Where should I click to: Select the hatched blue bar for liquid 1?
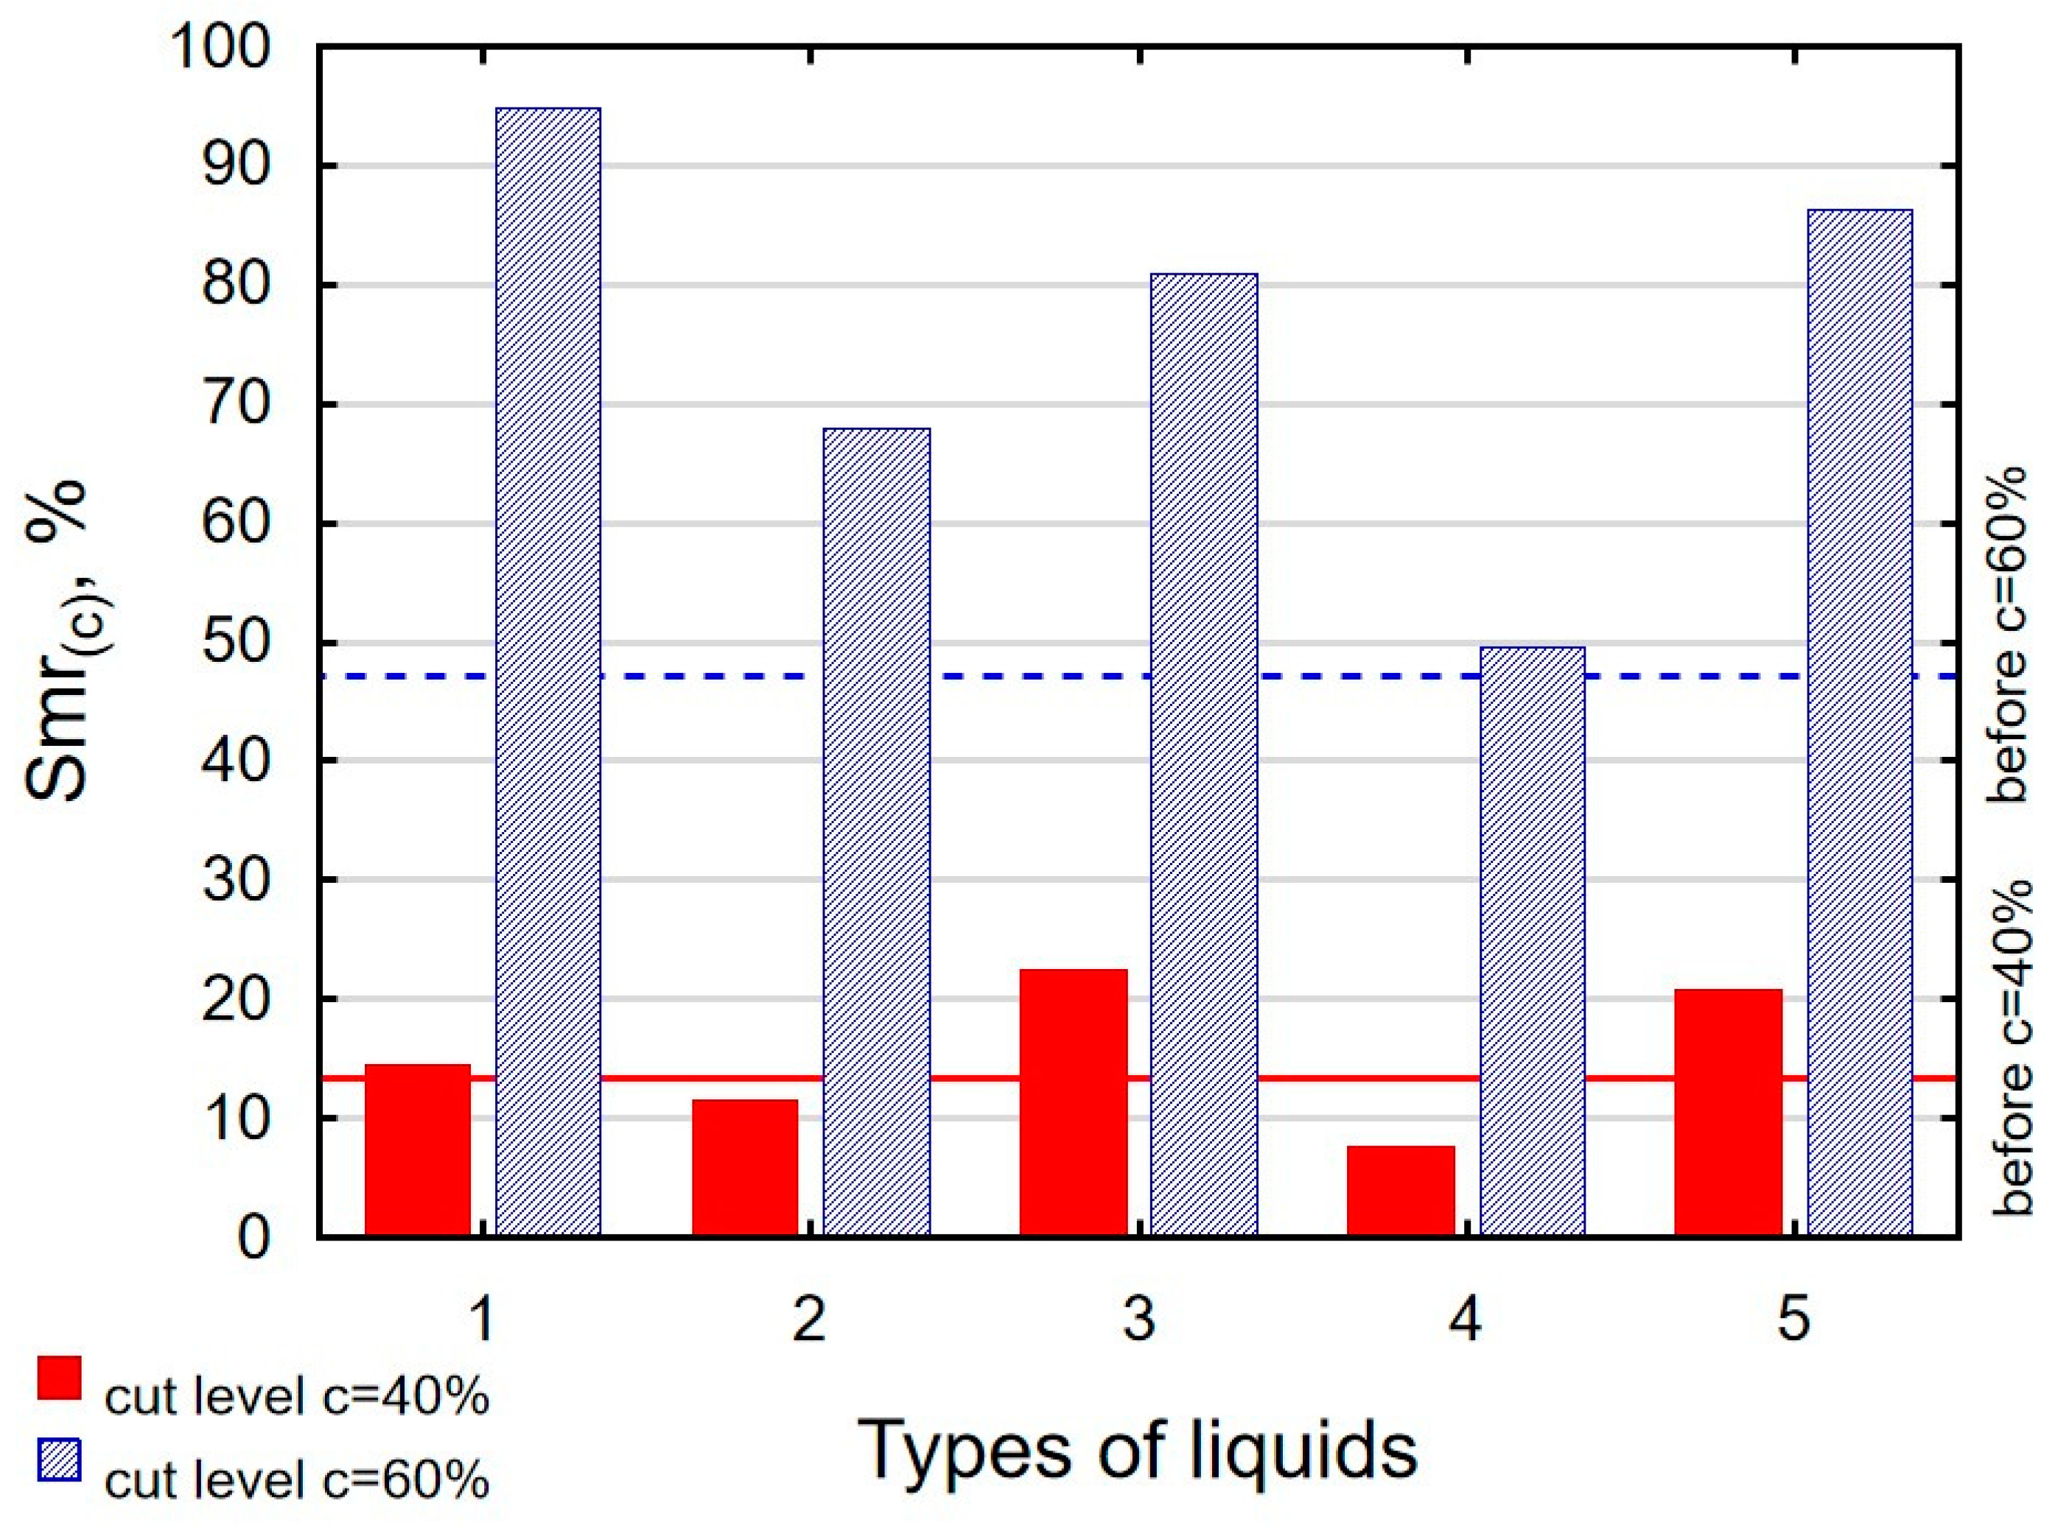click(547, 671)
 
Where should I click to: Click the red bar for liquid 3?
click(1073, 1102)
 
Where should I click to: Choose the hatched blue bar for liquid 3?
click(1204, 755)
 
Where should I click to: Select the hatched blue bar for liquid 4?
click(1532, 941)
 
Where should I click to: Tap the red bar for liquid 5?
click(1728, 1113)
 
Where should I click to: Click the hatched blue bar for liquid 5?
click(1860, 722)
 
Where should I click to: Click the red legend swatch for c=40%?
click(59, 1378)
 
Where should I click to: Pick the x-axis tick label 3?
click(1139, 1319)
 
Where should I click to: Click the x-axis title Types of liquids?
click(1140, 1450)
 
